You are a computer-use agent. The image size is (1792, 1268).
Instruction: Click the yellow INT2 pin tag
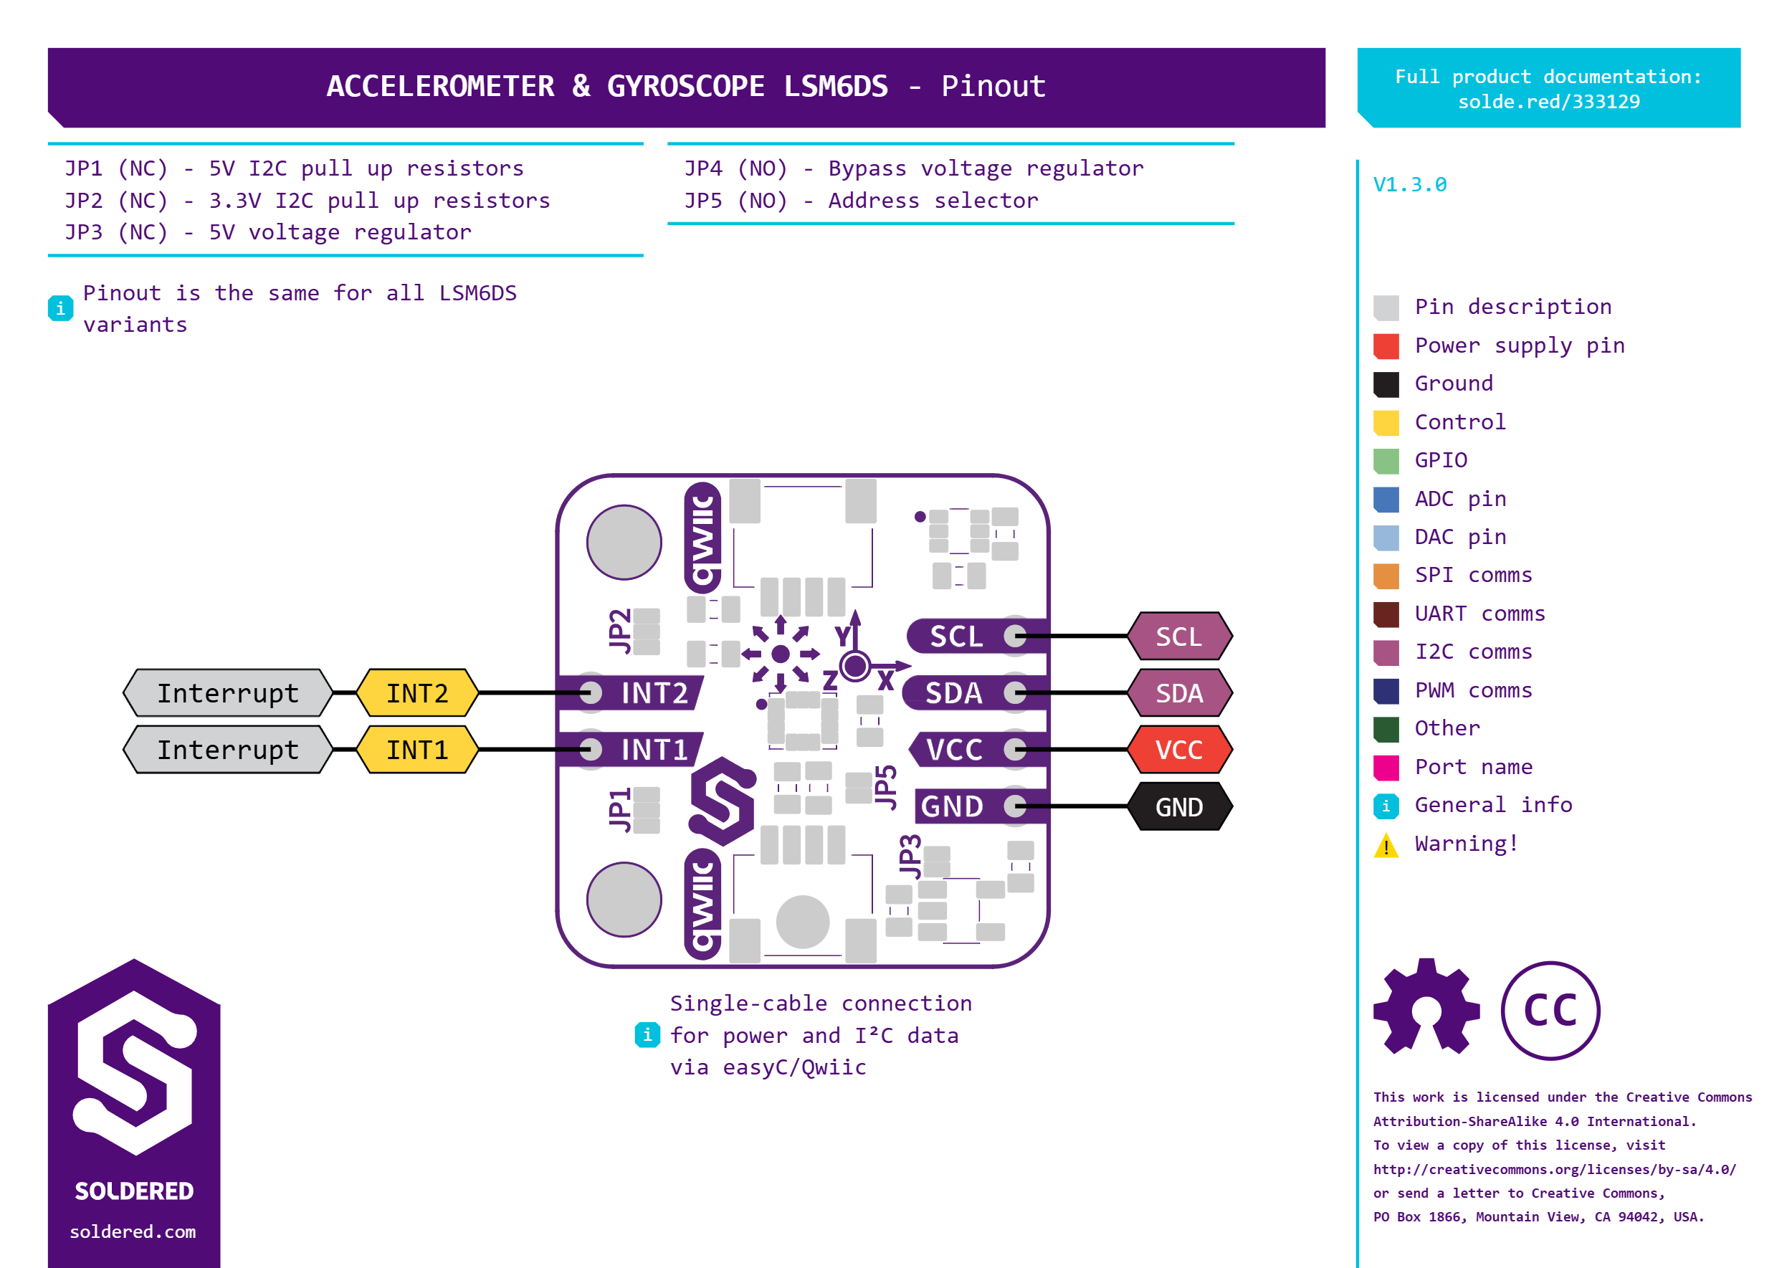(417, 692)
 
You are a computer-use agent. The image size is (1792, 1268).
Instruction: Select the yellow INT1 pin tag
(417, 750)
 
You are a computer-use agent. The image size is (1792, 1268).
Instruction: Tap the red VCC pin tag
(1179, 750)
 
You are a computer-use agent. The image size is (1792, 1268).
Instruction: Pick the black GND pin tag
(1179, 806)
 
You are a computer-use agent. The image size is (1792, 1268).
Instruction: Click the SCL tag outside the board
(1179, 637)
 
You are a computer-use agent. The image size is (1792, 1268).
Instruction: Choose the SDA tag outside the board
(1179, 692)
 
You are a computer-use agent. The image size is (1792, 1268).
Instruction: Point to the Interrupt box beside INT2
(228, 692)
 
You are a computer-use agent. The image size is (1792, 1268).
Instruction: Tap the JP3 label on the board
(910, 857)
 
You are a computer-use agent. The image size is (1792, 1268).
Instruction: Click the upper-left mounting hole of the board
(624, 542)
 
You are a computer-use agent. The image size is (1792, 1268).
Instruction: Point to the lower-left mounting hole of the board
(624, 900)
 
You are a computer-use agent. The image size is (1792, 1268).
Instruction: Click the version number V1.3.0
(1409, 185)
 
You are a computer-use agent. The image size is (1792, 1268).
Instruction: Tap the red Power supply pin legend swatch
(1386, 346)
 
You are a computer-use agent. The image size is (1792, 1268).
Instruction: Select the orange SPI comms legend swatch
(1386, 576)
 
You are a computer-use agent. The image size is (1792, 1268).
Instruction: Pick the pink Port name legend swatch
(1386, 768)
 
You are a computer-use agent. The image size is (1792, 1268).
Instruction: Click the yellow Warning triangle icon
(1386, 845)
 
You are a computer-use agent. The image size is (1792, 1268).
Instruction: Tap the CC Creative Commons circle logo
(1550, 1011)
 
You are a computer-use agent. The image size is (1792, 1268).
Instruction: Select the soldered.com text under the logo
(133, 1231)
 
